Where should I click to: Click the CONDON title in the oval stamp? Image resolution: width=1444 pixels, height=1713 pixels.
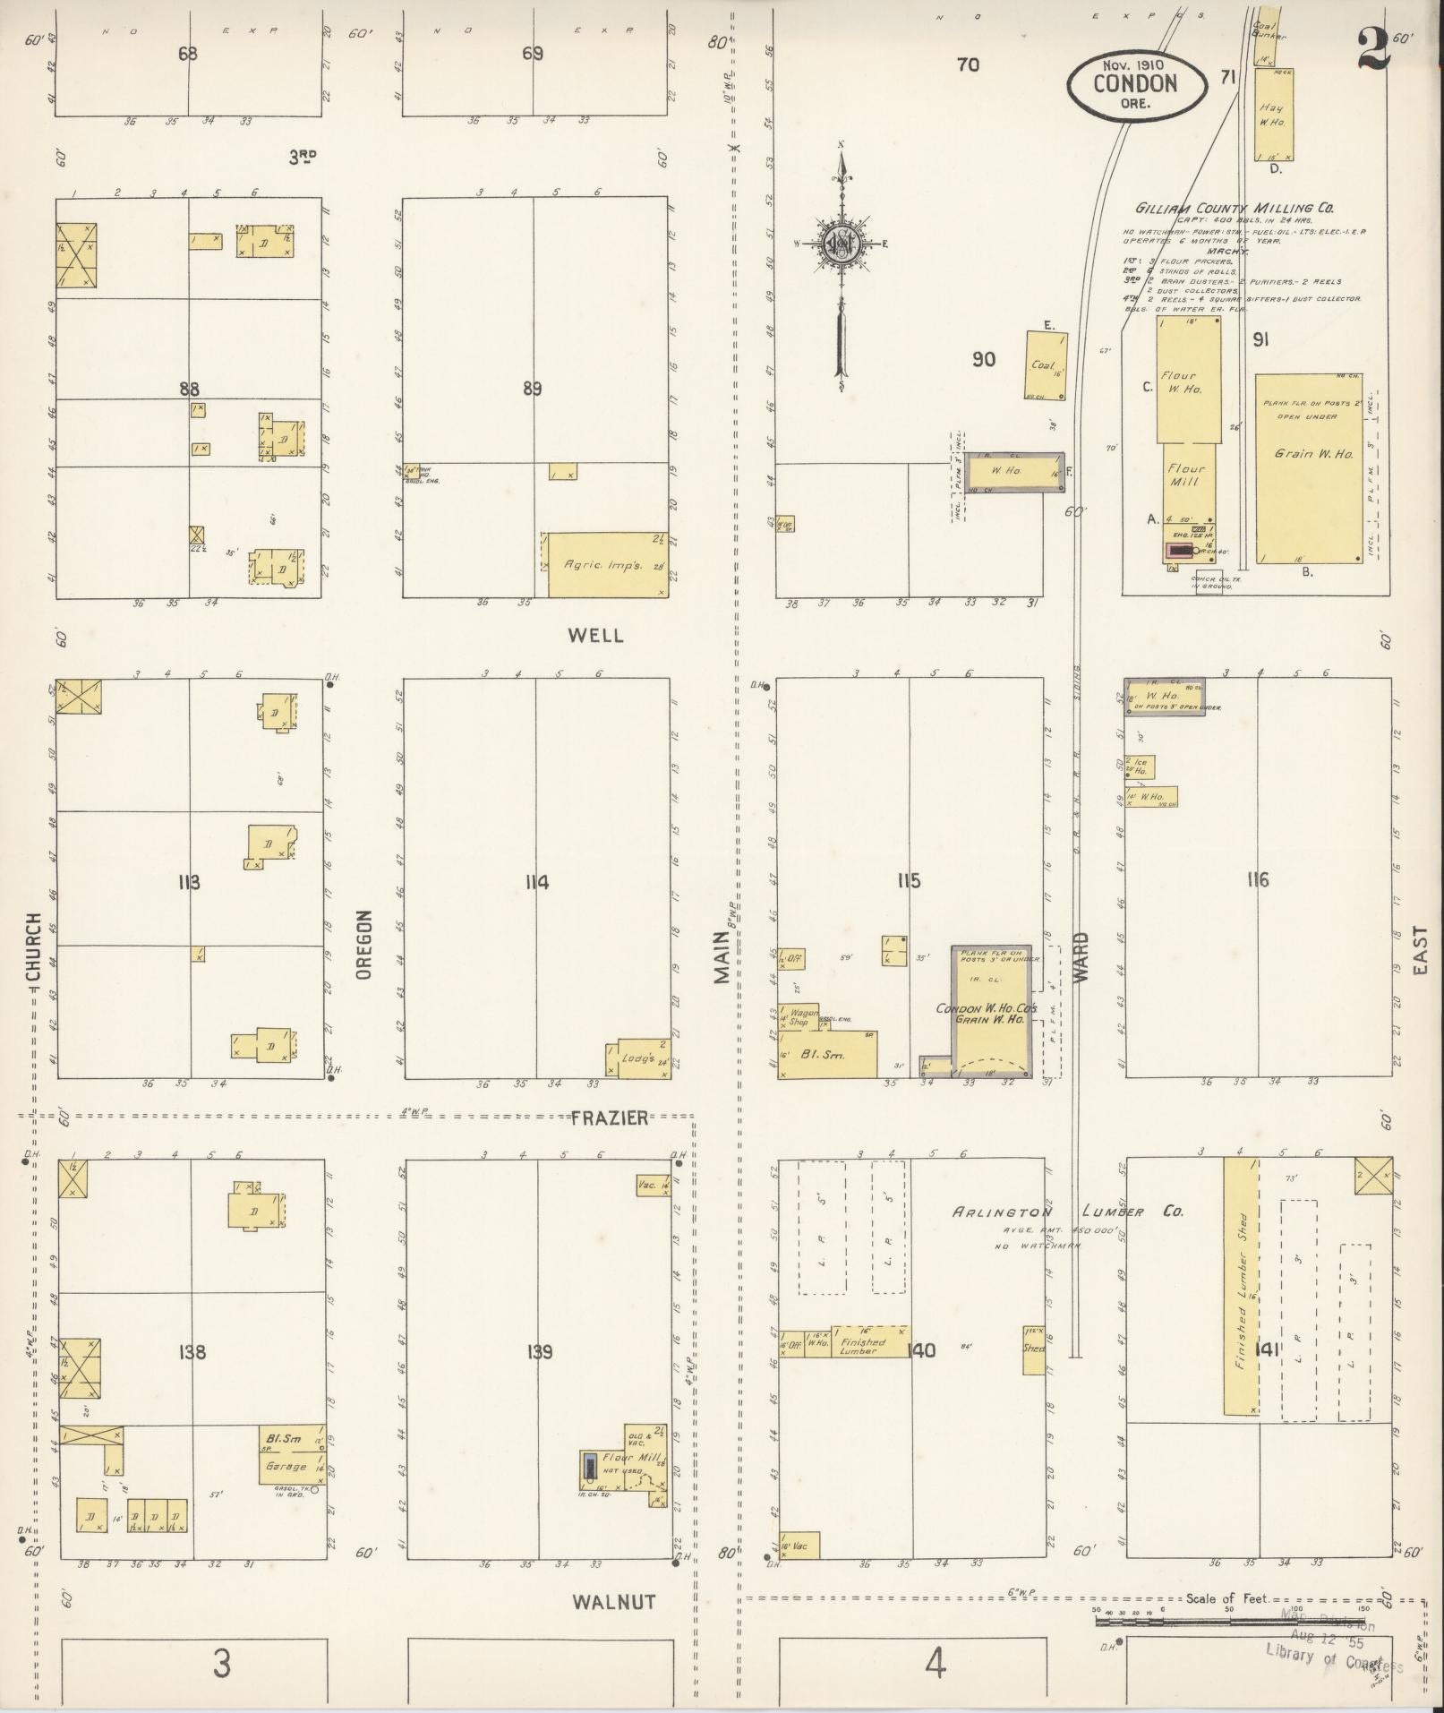pyautogui.click(x=1134, y=83)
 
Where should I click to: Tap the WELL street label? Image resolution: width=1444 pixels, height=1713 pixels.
pyautogui.click(x=594, y=636)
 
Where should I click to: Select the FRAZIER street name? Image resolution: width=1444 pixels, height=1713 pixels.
pyautogui.click(x=611, y=1118)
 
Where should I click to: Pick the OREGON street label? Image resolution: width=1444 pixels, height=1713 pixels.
pyautogui.click(x=363, y=946)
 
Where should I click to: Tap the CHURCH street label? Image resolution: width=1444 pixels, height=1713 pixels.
pyautogui.click(x=33, y=946)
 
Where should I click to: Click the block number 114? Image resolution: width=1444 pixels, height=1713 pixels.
pyautogui.click(x=536, y=883)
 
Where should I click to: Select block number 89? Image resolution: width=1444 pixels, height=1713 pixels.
pyautogui.click(x=533, y=389)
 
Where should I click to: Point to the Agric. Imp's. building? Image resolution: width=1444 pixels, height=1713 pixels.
pyautogui.click(x=605, y=564)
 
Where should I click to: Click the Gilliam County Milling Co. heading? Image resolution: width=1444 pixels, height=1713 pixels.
pyautogui.click(x=1235, y=208)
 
